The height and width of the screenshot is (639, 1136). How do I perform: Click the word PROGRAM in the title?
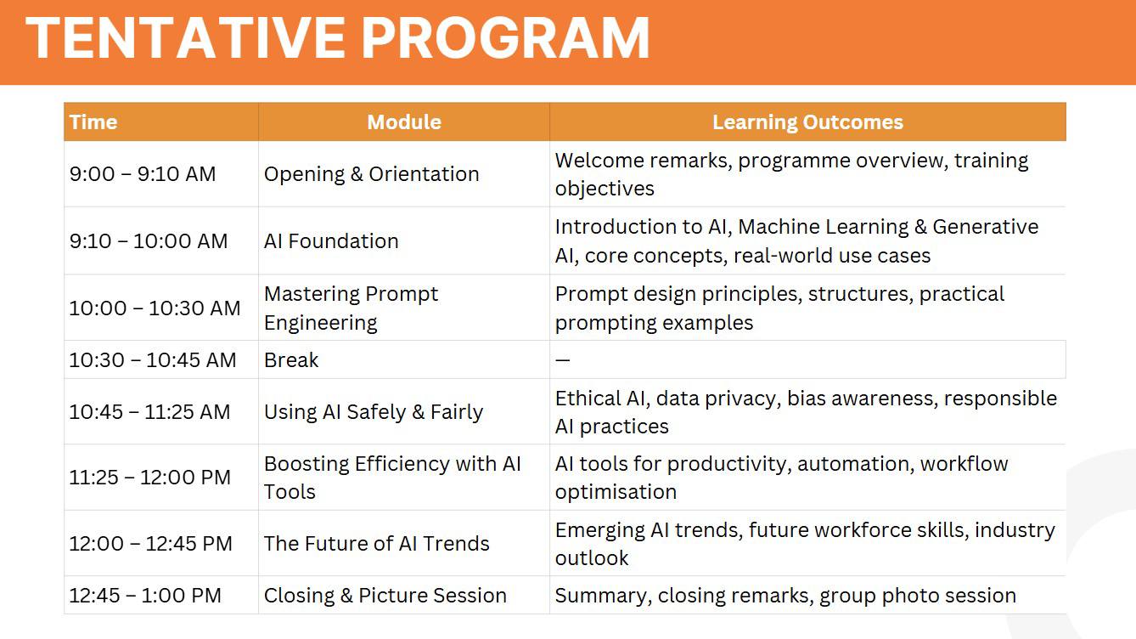505,38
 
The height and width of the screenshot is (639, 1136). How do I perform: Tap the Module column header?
404,122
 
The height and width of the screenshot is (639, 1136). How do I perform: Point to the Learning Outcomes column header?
808,122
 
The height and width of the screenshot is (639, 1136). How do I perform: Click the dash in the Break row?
562,359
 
